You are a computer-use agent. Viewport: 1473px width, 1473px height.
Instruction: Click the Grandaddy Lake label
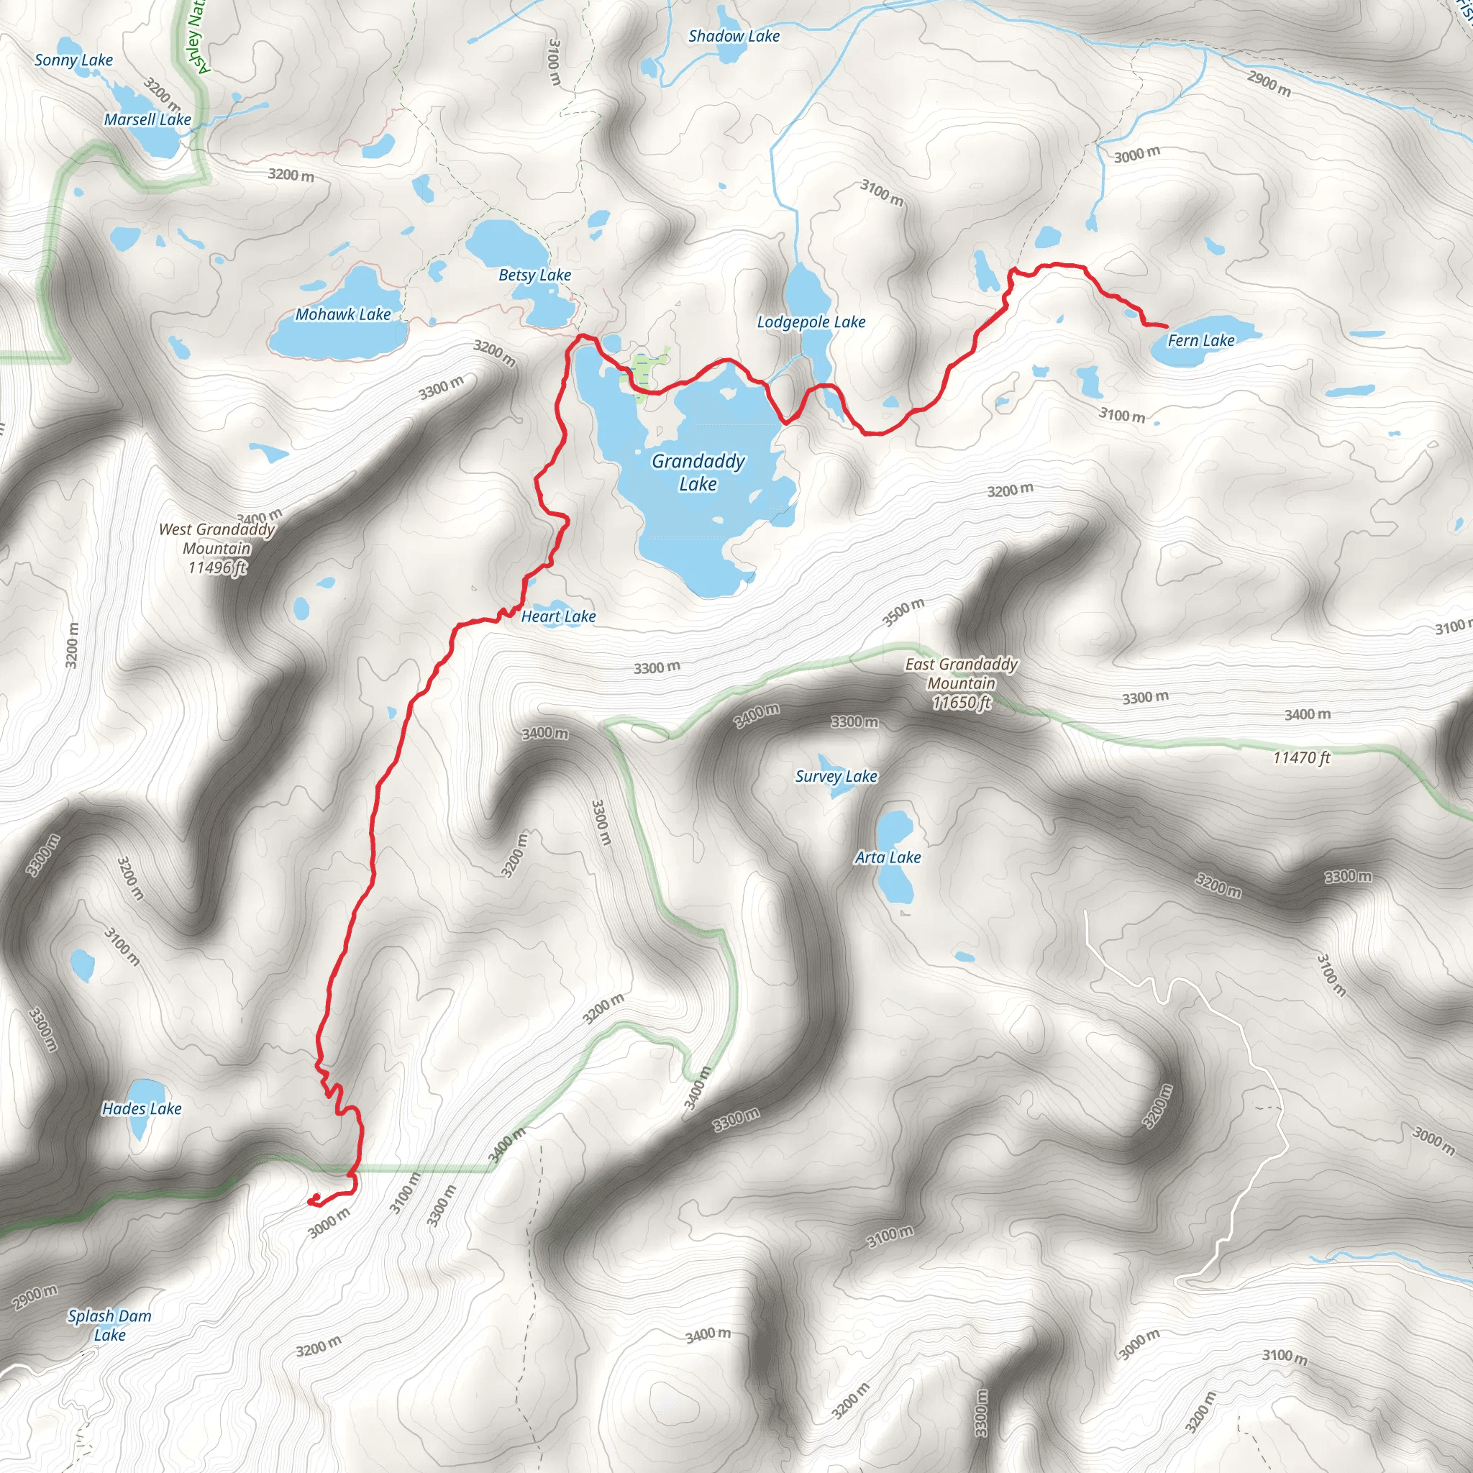[698, 472]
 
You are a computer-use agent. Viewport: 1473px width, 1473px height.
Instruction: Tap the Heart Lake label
[558, 616]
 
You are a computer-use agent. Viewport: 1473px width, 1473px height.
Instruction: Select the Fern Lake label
[1201, 340]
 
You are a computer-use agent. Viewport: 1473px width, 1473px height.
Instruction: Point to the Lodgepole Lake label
[811, 321]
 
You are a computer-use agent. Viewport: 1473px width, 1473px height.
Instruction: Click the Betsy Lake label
[534, 275]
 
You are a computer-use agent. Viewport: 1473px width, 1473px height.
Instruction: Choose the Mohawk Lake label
[343, 314]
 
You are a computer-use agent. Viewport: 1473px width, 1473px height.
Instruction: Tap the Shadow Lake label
[734, 36]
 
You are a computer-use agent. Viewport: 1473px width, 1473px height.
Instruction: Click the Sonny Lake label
[73, 60]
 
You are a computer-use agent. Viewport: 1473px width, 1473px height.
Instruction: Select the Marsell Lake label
[147, 119]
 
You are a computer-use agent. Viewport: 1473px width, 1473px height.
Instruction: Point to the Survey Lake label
[836, 776]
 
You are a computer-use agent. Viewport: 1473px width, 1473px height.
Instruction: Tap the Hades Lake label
[142, 1108]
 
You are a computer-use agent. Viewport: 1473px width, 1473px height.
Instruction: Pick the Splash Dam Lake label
[110, 1325]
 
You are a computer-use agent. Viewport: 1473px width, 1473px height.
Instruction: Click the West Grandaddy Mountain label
[217, 548]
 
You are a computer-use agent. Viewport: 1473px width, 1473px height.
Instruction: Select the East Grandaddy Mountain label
[962, 683]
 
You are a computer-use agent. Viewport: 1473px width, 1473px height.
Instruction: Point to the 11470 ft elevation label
[1301, 757]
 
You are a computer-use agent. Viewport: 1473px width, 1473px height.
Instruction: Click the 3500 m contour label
[903, 612]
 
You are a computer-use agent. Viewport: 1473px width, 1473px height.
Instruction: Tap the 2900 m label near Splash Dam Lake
[35, 1297]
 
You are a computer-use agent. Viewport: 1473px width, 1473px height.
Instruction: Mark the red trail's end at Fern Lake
[1166, 327]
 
